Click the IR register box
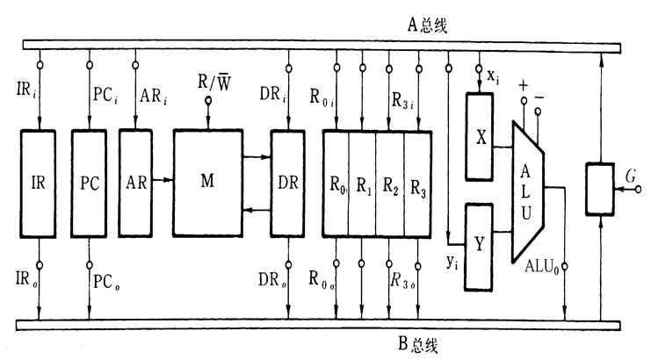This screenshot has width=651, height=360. pos(38,184)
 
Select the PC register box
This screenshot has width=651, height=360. pos(88,184)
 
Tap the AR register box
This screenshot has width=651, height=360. pos(135,183)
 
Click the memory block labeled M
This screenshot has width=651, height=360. pos(207,183)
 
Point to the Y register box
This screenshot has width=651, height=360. pos(480,245)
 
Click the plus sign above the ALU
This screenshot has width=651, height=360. pos(524,86)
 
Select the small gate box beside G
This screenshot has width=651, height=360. pos(600,188)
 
